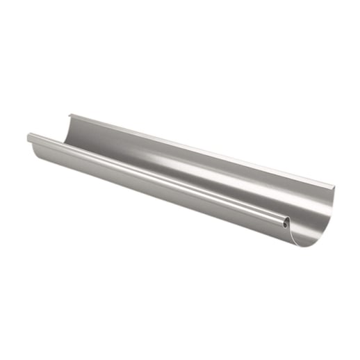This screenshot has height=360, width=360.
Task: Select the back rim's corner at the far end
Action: [x=69, y=113]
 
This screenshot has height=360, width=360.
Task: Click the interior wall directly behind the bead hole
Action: [x=295, y=212]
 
